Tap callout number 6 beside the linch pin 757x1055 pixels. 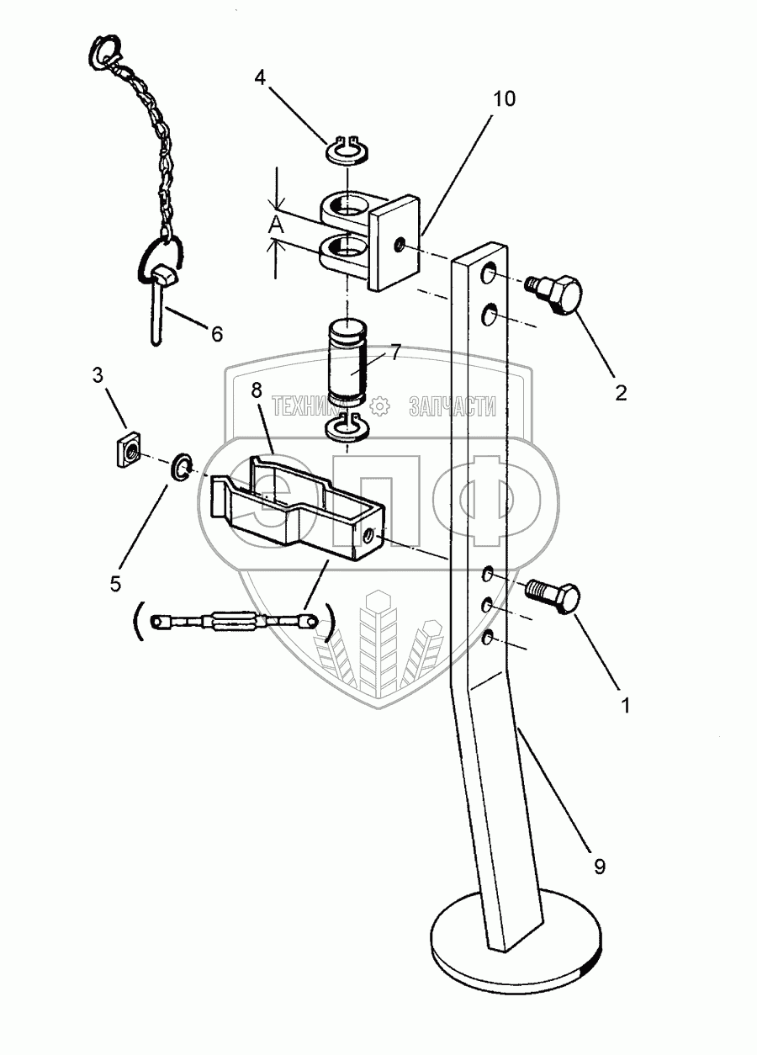click(x=217, y=334)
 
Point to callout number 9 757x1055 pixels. click(x=599, y=866)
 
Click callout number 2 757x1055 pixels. click(x=621, y=392)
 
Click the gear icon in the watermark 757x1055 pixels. click(x=380, y=406)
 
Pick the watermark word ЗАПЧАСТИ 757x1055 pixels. click(x=452, y=406)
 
